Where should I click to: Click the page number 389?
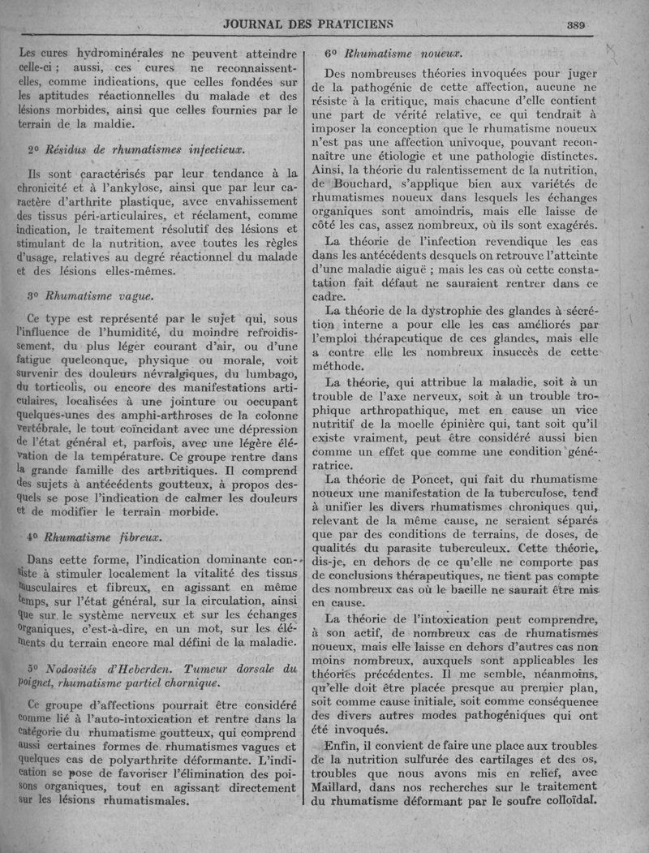pos(577,24)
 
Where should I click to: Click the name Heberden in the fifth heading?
pos(148,669)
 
